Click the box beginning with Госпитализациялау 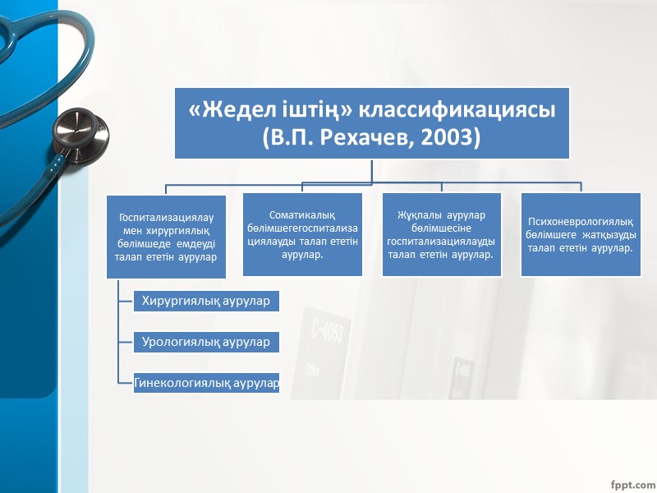(x=166, y=237)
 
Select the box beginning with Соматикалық (x=302, y=235)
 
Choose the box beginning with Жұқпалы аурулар (x=441, y=235)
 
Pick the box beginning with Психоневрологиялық (x=580, y=235)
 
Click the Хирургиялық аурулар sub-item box (x=206, y=301)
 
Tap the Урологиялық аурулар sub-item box (x=206, y=342)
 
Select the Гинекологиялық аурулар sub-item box (x=206, y=383)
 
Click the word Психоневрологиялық (x=580, y=222)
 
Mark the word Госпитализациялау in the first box (x=166, y=218)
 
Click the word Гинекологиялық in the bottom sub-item (x=182, y=383)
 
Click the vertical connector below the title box (x=372, y=170)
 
